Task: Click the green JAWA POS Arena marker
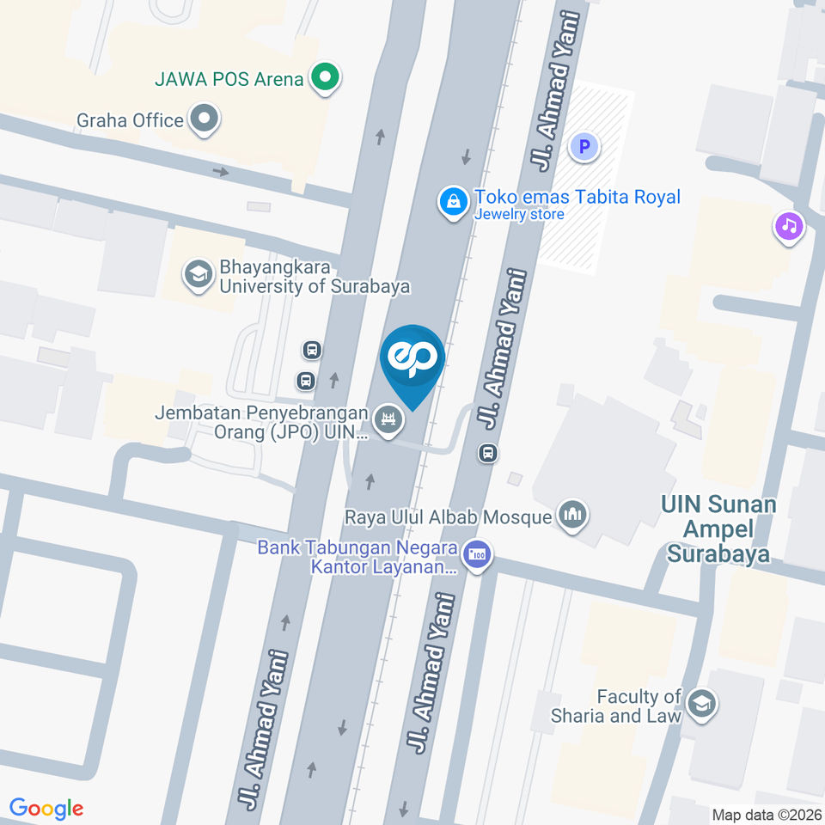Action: coord(325,80)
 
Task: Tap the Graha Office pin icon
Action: coord(205,119)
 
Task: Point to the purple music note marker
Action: coord(789,226)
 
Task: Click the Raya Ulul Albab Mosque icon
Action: coord(571,516)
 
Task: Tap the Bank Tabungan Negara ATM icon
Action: coord(476,554)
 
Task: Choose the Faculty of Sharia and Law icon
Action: coord(702,705)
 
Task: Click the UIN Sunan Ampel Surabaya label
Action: coord(718,529)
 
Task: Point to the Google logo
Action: coord(46,808)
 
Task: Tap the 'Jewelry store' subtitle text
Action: coord(519,215)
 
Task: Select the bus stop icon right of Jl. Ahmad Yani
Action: coord(488,452)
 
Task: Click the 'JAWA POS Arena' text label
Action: coord(229,80)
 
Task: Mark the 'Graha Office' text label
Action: coord(130,120)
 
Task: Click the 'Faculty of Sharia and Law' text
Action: coord(640,706)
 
